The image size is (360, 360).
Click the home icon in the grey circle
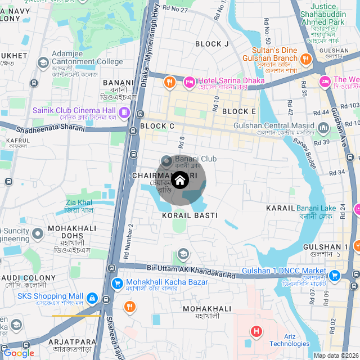click(180, 180)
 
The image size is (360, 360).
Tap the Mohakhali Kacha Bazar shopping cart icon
click(117, 283)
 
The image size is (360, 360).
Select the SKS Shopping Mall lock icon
click(92, 298)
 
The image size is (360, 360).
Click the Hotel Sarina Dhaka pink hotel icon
click(189, 83)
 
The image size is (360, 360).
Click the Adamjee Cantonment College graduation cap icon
click(43, 62)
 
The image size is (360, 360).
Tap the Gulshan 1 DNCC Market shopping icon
click(335, 276)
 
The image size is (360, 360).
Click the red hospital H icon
click(256, 331)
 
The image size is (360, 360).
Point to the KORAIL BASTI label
click(186, 215)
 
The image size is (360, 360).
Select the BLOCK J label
click(212, 44)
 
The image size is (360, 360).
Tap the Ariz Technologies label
click(289, 340)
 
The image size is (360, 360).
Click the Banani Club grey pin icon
click(166, 160)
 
